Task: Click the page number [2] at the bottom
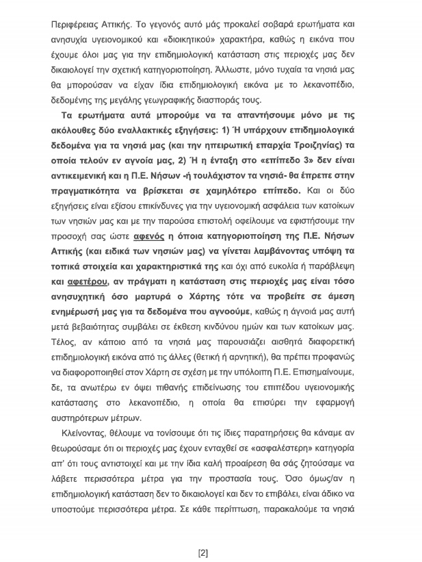coord(202,534)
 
